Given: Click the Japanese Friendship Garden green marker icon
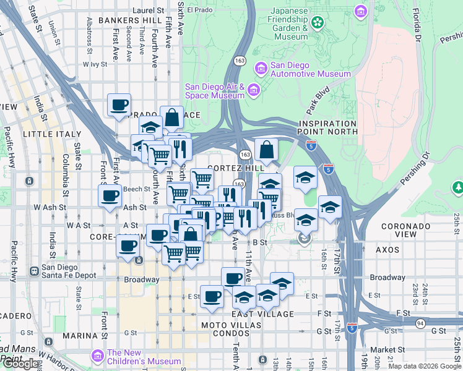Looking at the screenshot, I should coord(318,23).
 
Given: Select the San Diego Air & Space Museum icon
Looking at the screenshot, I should coord(253,92).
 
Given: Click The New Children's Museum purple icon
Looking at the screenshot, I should coord(97,356).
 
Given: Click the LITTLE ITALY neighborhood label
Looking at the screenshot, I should coord(52,134).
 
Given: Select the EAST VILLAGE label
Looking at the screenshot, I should coord(254,314).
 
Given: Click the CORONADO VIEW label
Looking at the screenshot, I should coord(406,226).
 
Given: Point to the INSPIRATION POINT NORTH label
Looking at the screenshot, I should coord(327,127).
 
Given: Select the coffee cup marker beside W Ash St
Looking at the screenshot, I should coord(110,196).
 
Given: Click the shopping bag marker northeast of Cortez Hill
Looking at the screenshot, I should coord(266,150).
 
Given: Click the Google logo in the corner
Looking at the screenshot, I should coord(20,364).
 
